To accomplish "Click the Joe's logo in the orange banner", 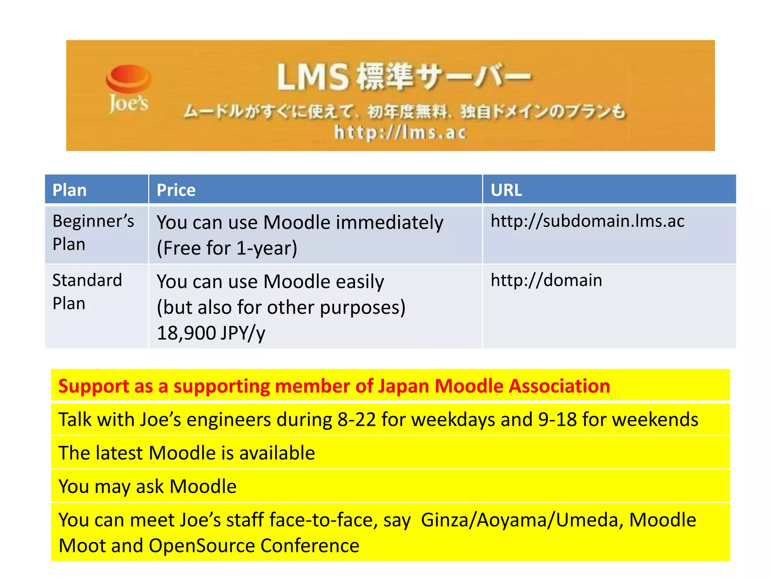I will pos(128,89).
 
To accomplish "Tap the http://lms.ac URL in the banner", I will pos(400,133).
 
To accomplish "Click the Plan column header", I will pos(70,190).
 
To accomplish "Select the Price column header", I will pos(176,190).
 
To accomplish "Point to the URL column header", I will pos(506,190).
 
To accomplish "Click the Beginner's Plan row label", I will pos(93,232).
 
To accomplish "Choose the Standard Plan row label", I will pos(87,291).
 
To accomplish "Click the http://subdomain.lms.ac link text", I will pos(587,221).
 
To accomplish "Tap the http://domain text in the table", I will pos(546,280).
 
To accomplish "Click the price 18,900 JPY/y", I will pos(211,333).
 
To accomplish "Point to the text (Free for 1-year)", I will pos(227,248).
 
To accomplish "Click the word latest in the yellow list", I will pos(119,453).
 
